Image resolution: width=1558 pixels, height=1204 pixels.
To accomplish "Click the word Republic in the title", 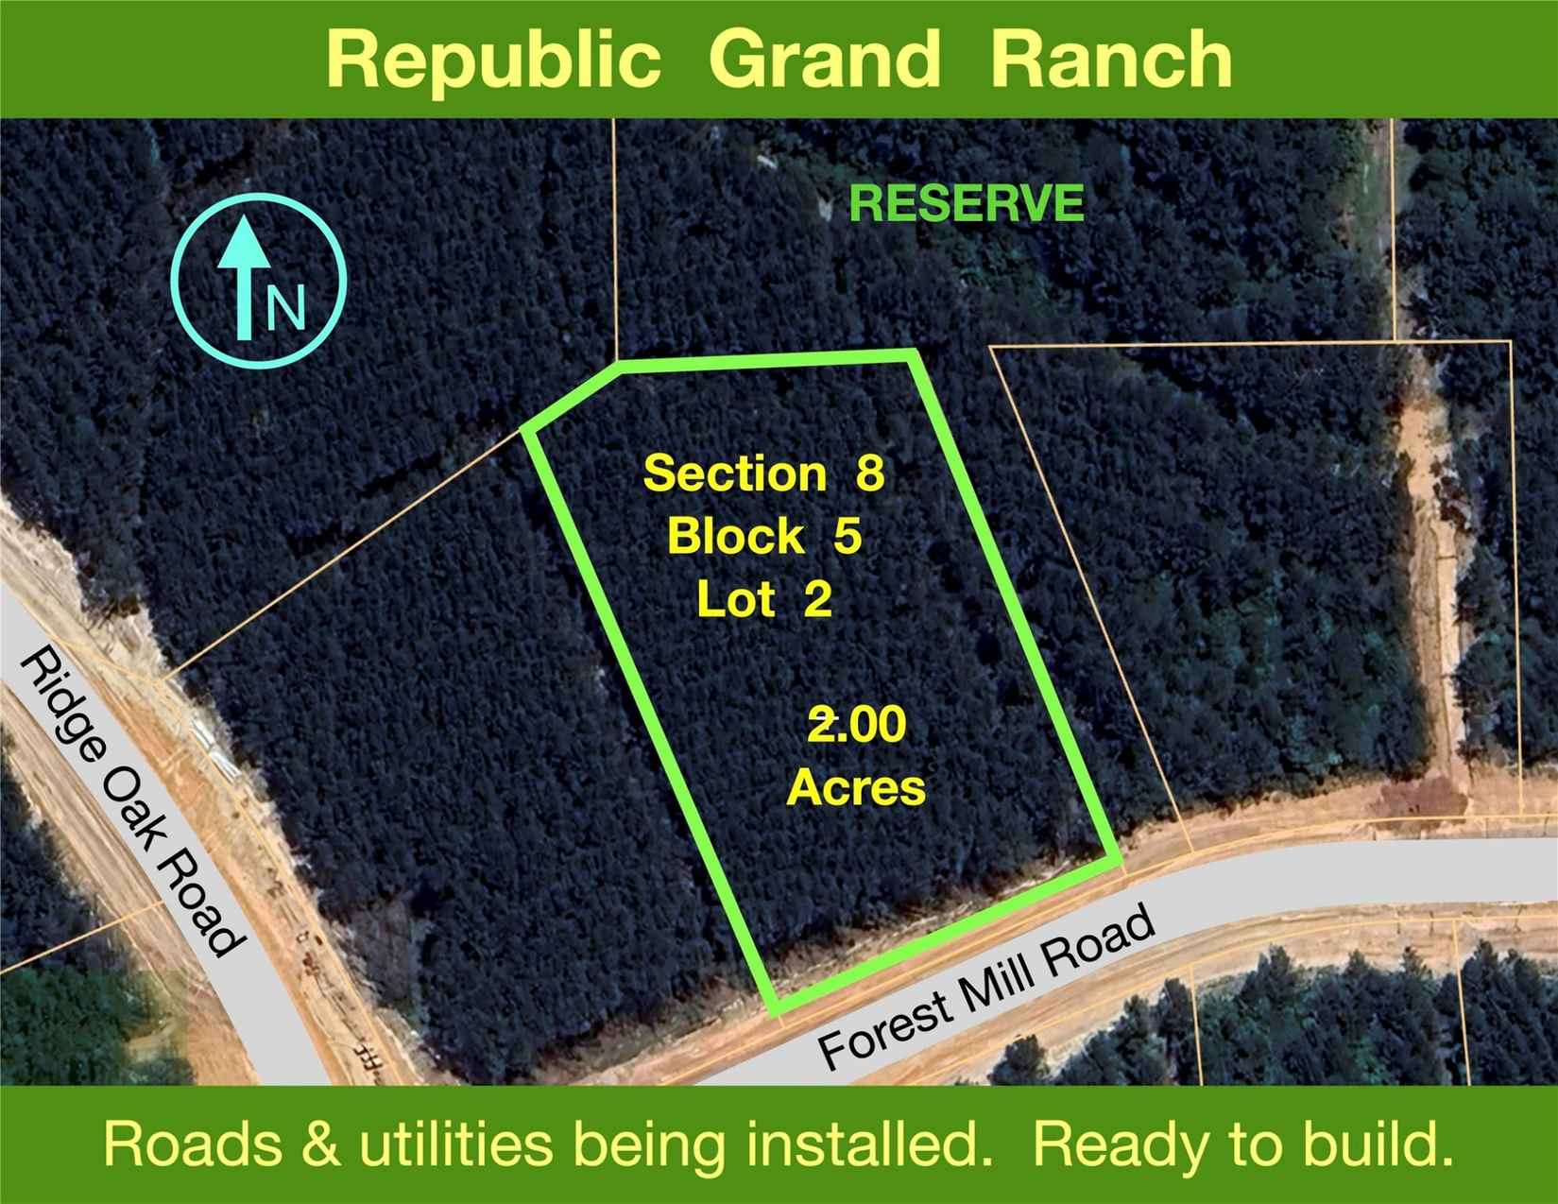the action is click(x=492, y=60).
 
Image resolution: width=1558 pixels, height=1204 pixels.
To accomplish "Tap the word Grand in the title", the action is click(x=825, y=59).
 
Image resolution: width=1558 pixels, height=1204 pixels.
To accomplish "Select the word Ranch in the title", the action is click(x=1110, y=59).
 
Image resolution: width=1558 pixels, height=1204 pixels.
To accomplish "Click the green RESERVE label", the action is click(x=966, y=203).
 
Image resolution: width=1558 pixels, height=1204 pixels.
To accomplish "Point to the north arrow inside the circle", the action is click(x=245, y=278).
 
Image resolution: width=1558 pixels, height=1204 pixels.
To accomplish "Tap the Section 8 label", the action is click(x=764, y=474).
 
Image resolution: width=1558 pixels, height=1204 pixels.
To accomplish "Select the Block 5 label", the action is click(x=764, y=536).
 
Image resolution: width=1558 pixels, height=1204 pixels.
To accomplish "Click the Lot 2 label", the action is click(x=764, y=599).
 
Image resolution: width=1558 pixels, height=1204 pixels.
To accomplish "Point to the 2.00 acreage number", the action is click(x=857, y=724).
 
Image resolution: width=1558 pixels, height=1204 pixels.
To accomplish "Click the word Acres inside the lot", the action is click(x=857, y=787).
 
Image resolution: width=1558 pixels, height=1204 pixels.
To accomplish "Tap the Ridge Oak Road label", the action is click(x=128, y=802).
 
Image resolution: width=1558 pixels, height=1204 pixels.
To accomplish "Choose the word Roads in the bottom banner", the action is click(x=194, y=1144).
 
